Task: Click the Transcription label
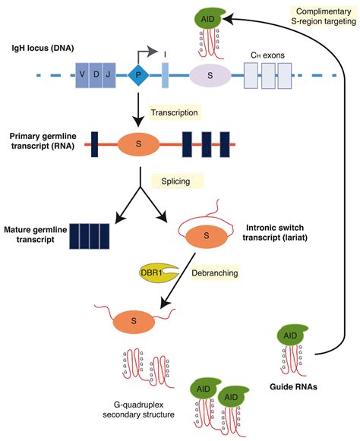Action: tap(175, 112)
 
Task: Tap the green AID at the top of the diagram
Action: tap(204, 17)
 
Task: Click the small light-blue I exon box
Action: tap(166, 76)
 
